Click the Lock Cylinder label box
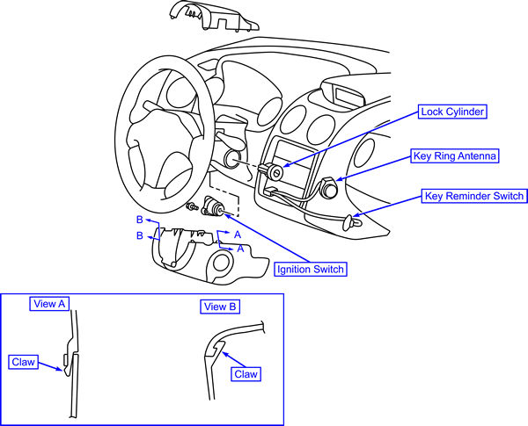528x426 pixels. click(x=453, y=112)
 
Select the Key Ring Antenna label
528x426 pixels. click(x=456, y=156)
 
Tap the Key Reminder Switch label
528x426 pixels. click(x=473, y=196)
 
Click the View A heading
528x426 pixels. click(x=50, y=303)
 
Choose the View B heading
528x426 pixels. click(x=221, y=307)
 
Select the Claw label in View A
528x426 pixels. click(x=23, y=361)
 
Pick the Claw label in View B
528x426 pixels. click(x=247, y=374)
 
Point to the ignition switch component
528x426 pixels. click(x=214, y=207)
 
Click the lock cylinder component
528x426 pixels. click(x=275, y=173)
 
